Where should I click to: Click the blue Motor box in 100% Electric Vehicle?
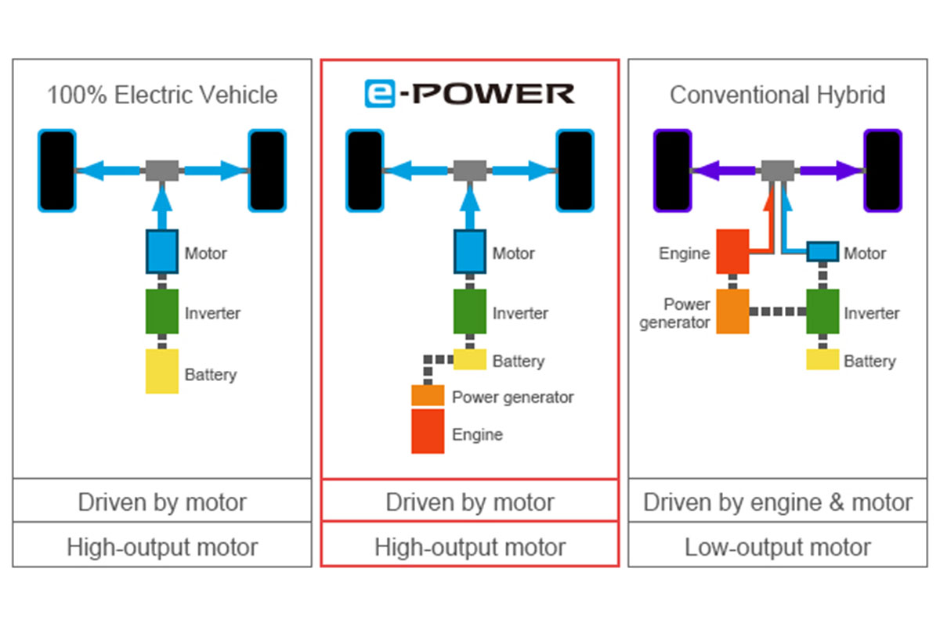tap(162, 251)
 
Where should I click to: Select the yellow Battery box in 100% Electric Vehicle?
tap(162, 371)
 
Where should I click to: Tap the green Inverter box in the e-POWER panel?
tap(470, 311)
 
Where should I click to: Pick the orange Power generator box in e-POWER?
tap(428, 395)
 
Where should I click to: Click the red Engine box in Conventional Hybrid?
tap(732, 251)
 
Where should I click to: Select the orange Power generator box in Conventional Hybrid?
tap(732, 311)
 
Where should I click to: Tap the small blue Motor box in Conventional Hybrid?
tap(822, 251)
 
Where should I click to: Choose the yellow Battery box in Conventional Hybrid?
tap(822, 359)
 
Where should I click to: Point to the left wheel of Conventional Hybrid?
tap(673, 171)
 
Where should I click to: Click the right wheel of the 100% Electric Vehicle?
tap(267, 171)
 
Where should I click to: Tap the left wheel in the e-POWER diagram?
tap(365, 171)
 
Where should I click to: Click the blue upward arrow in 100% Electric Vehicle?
tap(162, 205)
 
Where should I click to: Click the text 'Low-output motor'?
tap(777, 546)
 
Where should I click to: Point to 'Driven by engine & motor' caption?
tap(777, 502)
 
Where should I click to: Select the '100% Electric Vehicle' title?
tap(162, 95)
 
